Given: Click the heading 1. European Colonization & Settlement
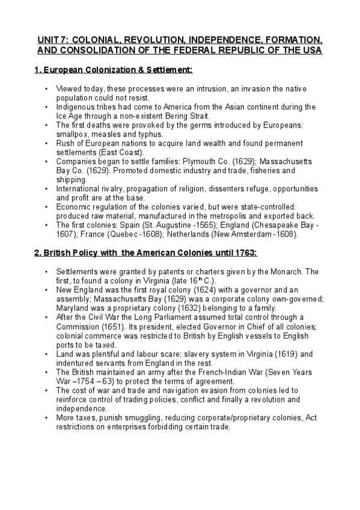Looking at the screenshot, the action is coord(113,70).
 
